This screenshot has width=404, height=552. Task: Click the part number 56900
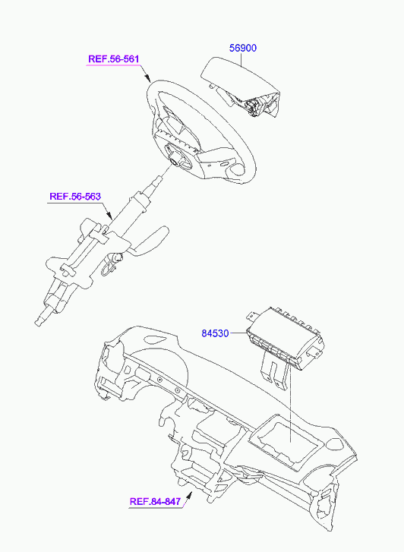click(243, 48)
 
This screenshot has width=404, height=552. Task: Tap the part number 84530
click(215, 333)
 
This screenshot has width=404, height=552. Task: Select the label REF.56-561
click(113, 58)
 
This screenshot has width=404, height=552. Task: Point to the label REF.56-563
click(75, 196)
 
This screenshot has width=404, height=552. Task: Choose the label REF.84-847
click(155, 501)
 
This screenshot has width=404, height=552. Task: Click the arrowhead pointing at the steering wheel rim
click(147, 77)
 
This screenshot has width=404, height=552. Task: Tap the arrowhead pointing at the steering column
click(109, 215)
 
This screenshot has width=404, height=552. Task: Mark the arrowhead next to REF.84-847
click(189, 496)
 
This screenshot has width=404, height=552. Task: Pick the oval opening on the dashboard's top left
click(155, 339)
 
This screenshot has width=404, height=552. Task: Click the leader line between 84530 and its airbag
click(238, 333)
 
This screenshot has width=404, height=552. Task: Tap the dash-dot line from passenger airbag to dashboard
click(290, 405)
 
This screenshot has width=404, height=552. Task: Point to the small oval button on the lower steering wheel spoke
click(225, 165)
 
